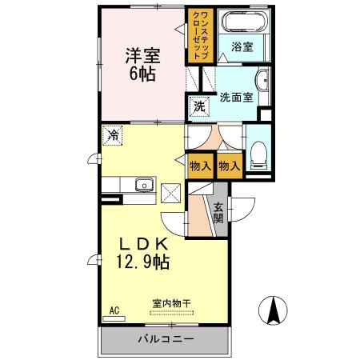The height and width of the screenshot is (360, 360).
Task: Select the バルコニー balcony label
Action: point(165,339)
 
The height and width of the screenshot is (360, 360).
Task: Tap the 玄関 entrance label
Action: point(218,211)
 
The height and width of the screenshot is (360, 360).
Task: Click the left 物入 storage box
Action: point(200,166)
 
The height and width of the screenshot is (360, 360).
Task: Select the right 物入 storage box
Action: point(229,166)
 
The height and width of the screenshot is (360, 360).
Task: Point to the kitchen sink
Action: point(144,185)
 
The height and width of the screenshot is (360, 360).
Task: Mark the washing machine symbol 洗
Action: point(197,106)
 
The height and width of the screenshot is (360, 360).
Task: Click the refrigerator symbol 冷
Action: point(113,135)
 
